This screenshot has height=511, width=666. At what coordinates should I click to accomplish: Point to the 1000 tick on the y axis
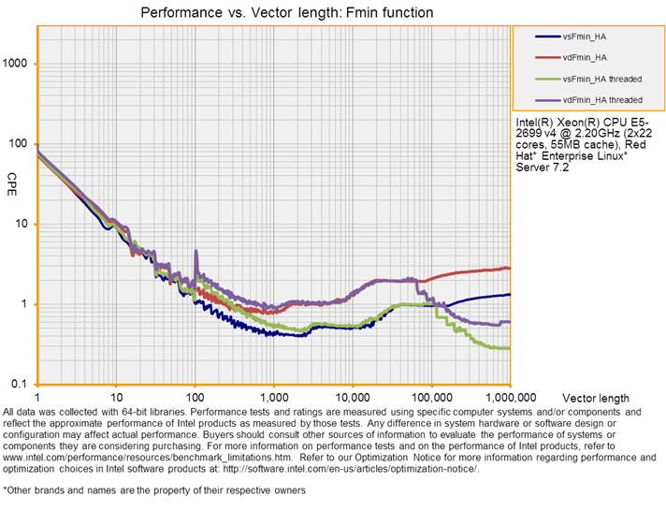click(19, 64)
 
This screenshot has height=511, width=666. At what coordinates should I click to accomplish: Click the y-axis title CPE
click(12, 178)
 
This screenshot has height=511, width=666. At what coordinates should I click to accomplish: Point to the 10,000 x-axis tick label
click(352, 397)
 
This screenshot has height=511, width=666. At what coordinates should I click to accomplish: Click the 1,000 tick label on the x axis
click(273, 397)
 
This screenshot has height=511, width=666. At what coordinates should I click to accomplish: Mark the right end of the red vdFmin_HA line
click(509, 268)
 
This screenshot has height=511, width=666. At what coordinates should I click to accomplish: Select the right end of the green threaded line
click(509, 348)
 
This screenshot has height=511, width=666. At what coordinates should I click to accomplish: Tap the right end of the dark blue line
click(509, 294)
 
